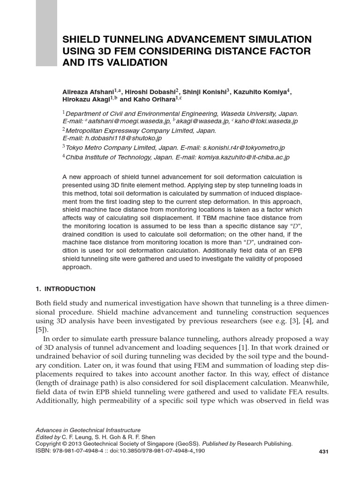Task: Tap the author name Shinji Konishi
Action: click(205, 92)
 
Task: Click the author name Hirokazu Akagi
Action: click(89, 99)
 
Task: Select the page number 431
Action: click(323, 451)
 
